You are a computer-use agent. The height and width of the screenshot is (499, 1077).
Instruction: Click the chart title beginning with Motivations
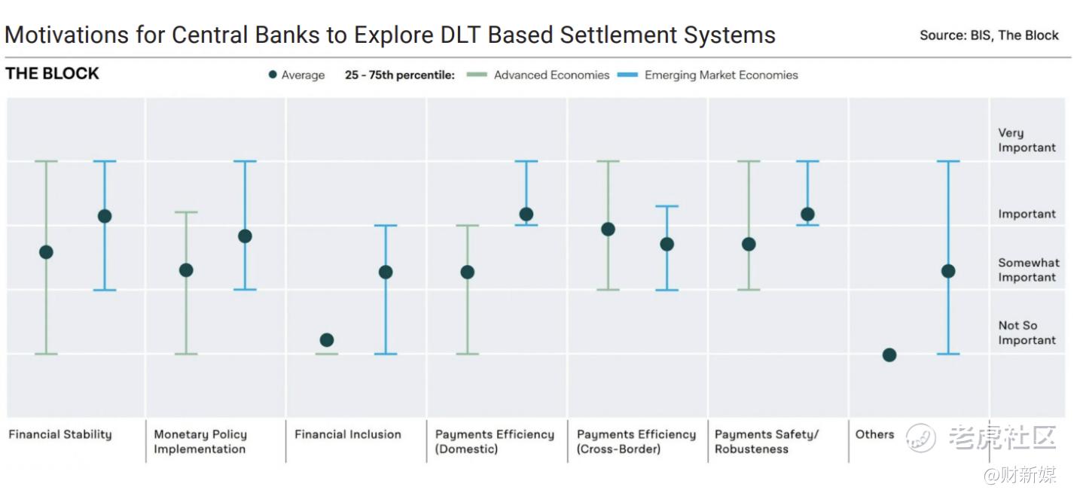[x=390, y=35]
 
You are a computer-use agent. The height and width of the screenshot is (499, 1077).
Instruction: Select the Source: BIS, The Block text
[x=989, y=35]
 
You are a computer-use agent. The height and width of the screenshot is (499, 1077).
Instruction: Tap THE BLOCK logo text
[x=52, y=74]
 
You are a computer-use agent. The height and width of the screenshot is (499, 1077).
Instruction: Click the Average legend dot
[x=273, y=75]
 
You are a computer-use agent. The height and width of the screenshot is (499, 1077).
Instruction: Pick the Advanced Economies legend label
[x=551, y=75]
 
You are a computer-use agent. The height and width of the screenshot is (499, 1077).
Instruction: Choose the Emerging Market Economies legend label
[x=722, y=75]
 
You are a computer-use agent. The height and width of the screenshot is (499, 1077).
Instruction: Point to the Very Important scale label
[x=1027, y=140]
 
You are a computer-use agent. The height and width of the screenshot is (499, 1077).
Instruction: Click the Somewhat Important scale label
[x=1029, y=270]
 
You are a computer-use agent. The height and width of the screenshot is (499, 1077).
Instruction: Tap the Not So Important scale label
[x=1027, y=333]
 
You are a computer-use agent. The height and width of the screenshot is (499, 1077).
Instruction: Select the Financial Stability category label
[x=60, y=434]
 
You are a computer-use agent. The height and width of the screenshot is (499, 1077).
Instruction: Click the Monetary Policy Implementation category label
[x=200, y=441]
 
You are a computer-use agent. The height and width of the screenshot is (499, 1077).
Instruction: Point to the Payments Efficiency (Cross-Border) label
[x=636, y=441]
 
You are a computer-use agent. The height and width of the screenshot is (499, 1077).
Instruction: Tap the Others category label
[x=874, y=434]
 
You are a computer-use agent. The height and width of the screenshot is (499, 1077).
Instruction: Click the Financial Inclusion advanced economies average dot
[x=326, y=340]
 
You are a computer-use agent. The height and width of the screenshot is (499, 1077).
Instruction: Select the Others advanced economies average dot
[x=889, y=355]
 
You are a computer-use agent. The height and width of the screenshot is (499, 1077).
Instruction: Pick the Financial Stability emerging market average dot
[x=105, y=216]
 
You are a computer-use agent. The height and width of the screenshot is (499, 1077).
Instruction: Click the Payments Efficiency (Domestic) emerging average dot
[x=526, y=215]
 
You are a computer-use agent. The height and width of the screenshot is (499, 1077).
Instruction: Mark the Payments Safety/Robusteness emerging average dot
[x=807, y=215]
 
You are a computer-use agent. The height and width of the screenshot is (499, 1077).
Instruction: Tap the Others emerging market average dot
[x=948, y=272]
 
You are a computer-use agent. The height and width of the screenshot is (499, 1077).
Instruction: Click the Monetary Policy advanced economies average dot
[x=186, y=270]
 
